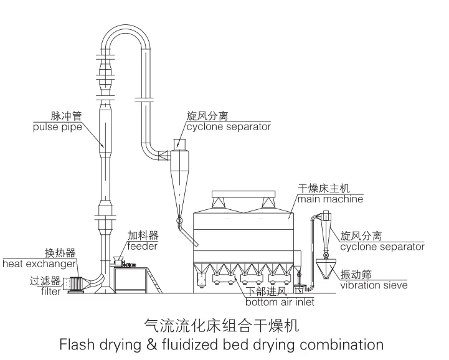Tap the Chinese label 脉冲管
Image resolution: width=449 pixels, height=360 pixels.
[x=64, y=116]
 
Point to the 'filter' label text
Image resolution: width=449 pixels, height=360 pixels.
[x=51, y=291]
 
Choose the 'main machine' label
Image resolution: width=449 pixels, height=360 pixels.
[x=330, y=199]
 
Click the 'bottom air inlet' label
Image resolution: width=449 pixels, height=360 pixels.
[x=280, y=303]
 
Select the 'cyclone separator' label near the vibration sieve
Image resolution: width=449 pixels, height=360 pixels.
[x=382, y=247]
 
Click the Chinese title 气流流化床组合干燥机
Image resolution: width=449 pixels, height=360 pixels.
[x=222, y=325]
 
